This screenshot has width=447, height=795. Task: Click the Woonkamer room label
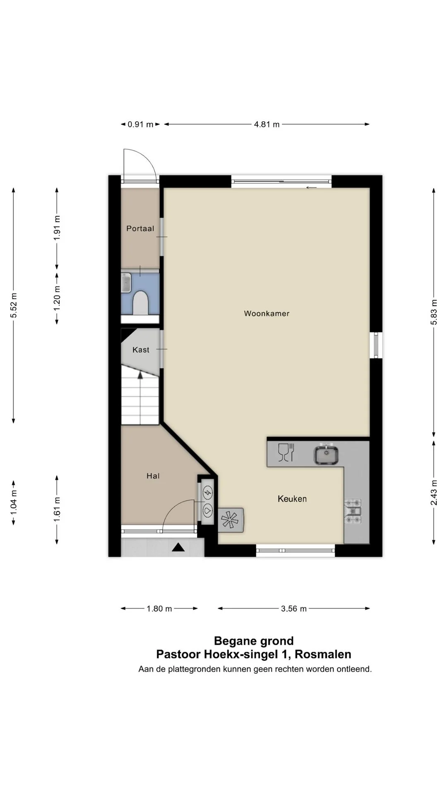(x=267, y=313)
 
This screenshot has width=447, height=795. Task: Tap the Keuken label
(x=292, y=499)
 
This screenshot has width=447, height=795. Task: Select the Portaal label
(x=140, y=229)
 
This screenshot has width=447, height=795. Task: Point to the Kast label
(x=141, y=350)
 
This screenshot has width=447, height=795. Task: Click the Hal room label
(x=153, y=476)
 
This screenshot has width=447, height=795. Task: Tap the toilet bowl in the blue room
(x=140, y=302)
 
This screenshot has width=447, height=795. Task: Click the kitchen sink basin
(x=327, y=455)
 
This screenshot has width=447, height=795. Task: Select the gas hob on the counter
(x=353, y=511)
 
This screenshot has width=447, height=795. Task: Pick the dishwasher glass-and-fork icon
(x=286, y=452)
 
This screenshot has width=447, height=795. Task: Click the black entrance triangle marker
(x=178, y=547)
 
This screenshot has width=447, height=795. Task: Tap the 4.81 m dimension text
(x=267, y=124)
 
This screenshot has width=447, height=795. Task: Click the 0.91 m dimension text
(x=140, y=124)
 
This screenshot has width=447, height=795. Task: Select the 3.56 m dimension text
(x=294, y=609)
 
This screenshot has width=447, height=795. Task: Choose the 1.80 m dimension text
(x=159, y=609)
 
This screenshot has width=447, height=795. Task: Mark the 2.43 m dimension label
(x=434, y=493)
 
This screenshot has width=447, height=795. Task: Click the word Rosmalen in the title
(x=323, y=655)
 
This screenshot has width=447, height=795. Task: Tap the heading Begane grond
(x=254, y=641)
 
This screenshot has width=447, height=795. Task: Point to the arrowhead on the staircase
(x=140, y=375)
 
